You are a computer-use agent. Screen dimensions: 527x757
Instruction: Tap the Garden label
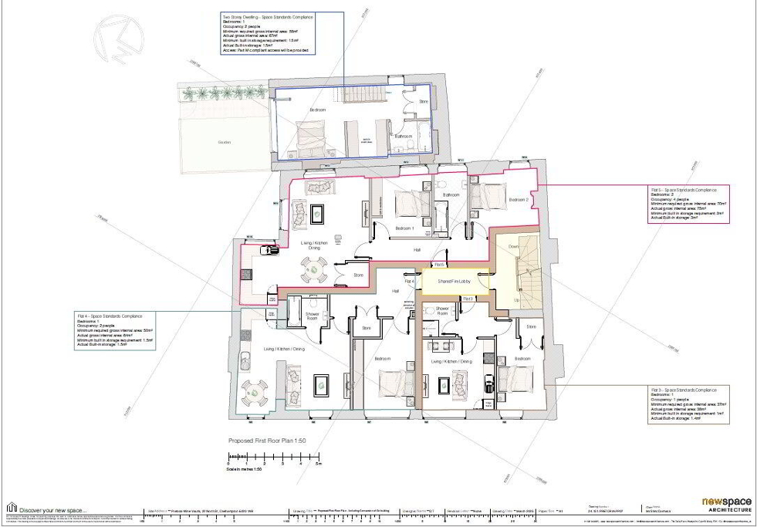[x=225, y=142]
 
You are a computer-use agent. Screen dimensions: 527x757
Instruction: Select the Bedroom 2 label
[x=519, y=201]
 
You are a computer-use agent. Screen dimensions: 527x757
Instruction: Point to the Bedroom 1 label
[x=405, y=229]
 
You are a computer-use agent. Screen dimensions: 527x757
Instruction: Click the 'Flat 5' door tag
[x=439, y=265]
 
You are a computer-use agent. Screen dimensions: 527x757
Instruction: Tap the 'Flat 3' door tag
[x=467, y=298]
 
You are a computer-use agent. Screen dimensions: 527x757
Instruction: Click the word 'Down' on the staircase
[x=515, y=247]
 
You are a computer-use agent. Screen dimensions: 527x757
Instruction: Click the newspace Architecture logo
[x=725, y=505]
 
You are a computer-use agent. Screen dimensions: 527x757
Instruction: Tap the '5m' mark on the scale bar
[x=317, y=465]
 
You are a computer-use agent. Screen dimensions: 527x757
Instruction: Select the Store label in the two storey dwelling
[x=423, y=101]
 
